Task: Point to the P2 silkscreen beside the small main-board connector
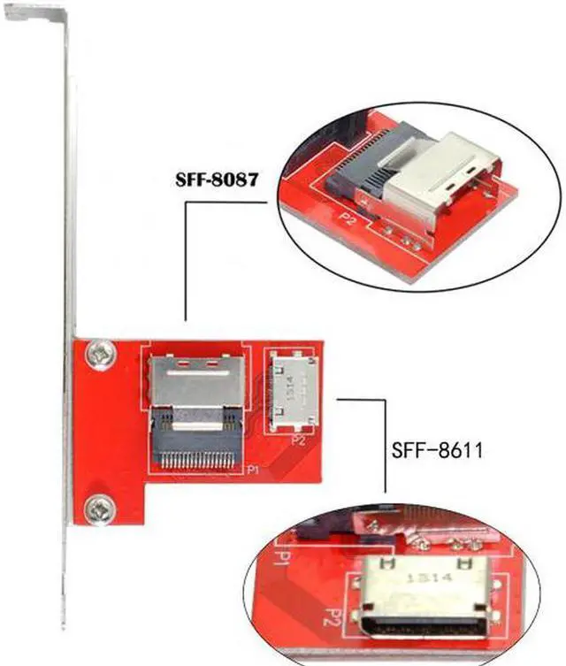(298, 440)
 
